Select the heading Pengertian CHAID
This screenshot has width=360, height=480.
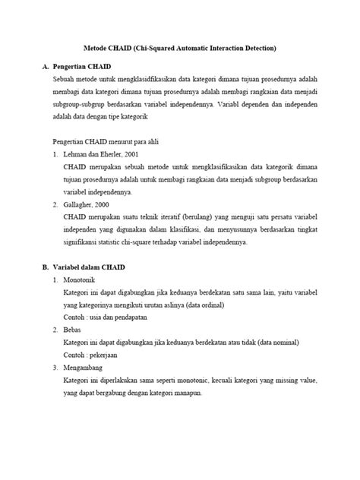point(85,66)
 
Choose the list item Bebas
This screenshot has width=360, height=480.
point(73,331)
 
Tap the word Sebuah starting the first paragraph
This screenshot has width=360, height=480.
point(65,79)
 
